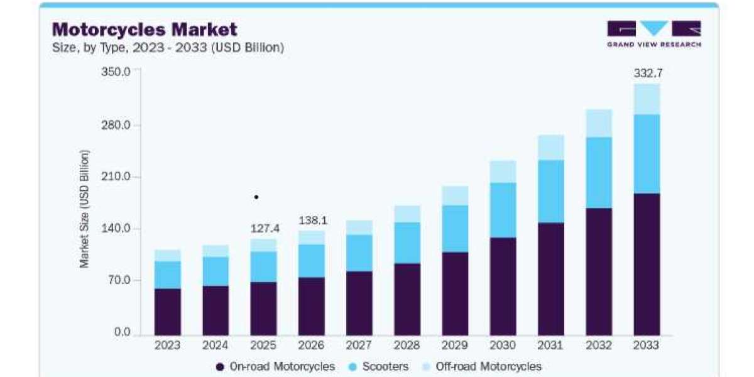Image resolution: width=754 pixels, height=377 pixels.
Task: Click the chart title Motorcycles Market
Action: tap(145, 30)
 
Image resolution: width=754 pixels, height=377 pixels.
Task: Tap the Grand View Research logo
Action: tap(654, 34)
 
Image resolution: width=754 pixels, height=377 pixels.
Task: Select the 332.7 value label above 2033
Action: tap(648, 73)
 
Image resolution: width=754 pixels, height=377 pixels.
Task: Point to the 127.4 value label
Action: tap(265, 229)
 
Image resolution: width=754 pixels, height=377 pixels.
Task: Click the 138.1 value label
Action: tap(313, 221)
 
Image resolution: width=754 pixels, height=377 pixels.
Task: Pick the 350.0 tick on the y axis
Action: tap(116, 72)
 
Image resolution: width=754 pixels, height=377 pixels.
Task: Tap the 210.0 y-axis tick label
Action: tap(116, 176)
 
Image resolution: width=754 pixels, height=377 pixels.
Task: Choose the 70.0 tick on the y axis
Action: tap(119, 280)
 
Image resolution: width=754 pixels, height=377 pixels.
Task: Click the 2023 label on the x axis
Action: tap(167, 345)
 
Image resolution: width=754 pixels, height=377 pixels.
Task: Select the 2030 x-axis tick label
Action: tap(503, 345)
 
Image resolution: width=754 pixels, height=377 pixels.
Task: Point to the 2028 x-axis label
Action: tap(407, 345)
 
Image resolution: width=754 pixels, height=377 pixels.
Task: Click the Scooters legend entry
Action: tap(379, 366)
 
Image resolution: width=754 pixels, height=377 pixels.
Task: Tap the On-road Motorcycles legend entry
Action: tap(275, 366)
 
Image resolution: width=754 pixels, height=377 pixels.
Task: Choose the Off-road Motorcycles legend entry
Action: tap(482, 366)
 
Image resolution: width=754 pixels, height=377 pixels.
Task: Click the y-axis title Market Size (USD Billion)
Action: tap(84, 209)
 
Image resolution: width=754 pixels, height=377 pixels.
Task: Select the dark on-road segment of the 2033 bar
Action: tap(647, 265)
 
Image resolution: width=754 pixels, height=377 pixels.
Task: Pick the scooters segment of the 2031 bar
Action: tap(551, 192)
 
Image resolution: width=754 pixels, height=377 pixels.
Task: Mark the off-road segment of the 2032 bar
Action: tap(599, 124)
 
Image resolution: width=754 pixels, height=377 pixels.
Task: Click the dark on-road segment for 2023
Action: tap(168, 312)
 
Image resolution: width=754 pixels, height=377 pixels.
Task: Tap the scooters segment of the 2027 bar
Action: tap(359, 253)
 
